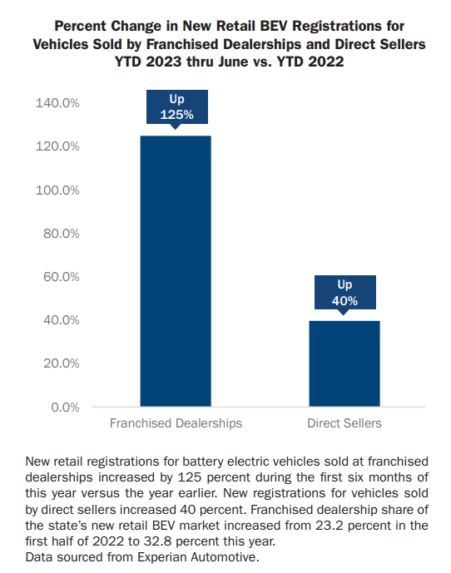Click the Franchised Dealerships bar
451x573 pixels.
(176, 271)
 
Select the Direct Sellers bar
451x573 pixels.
(344, 363)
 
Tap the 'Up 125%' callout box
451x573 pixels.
(177, 107)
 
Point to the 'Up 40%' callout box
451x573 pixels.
(345, 293)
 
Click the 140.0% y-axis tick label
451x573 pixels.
(57, 103)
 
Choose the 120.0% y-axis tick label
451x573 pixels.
(57, 146)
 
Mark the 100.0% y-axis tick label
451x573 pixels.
(57, 190)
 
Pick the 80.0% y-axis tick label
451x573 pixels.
(61, 234)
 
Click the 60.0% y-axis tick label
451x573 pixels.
(61, 277)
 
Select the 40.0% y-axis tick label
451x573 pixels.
(61, 320)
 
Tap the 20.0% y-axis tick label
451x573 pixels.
(61, 363)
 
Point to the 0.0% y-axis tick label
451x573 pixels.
(65, 408)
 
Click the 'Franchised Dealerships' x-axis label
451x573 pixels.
(176, 423)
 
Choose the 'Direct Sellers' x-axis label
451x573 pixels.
(344, 423)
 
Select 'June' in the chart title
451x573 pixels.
(233, 62)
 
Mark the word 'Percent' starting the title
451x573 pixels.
(82, 27)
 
